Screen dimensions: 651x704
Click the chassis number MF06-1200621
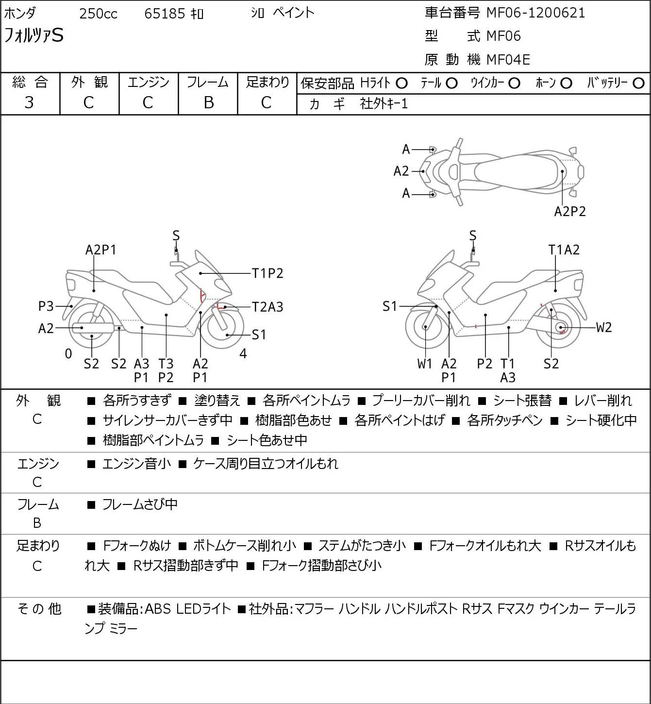pyautogui.click(x=535, y=13)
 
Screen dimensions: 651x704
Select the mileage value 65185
pyautogui.click(x=165, y=14)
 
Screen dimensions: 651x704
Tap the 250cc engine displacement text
pyautogui.click(x=98, y=14)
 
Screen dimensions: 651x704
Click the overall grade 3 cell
pyautogui.click(x=29, y=103)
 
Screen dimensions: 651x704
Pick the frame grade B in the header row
pyautogui.click(x=208, y=103)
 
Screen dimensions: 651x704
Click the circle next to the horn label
pyautogui.click(x=566, y=84)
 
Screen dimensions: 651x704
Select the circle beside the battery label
pyautogui.click(x=638, y=84)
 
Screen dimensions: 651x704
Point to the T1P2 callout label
pyautogui.click(x=267, y=273)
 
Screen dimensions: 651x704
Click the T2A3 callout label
pyautogui.click(x=267, y=307)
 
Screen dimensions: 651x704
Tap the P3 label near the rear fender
pyautogui.click(x=46, y=306)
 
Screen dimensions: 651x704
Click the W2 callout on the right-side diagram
pyautogui.click(x=604, y=328)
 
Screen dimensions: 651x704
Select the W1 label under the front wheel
pyautogui.click(x=424, y=364)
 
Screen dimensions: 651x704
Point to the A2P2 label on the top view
pyautogui.click(x=570, y=212)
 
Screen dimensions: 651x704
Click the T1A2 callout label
pyautogui.click(x=564, y=250)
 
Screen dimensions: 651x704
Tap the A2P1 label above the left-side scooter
pyautogui.click(x=100, y=250)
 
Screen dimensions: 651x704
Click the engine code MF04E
pyautogui.click(x=508, y=60)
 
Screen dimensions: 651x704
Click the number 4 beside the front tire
pyautogui.click(x=243, y=353)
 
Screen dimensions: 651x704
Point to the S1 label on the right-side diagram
pyautogui.click(x=390, y=306)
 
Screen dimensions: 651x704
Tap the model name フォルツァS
pyautogui.click(x=33, y=35)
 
